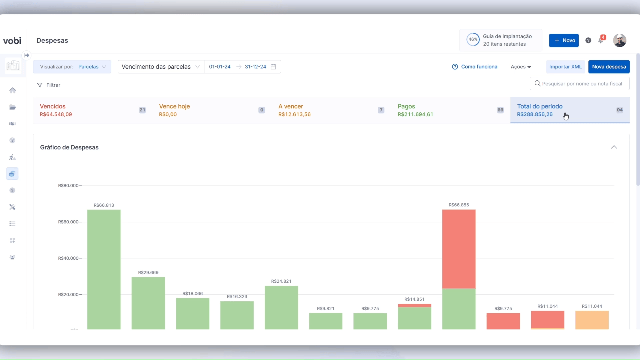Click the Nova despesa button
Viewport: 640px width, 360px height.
pos(609,67)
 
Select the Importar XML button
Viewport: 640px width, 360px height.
pos(565,67)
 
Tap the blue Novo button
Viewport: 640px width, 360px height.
pos(564,40)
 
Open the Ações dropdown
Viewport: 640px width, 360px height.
pos(521,67)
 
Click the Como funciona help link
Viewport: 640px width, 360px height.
pos(474,67)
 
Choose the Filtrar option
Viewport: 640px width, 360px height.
pos(49,85)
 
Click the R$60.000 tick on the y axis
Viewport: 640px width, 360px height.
pos(68,222)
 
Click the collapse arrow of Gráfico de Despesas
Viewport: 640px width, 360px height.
pos(614,147)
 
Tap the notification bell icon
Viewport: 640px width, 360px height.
pos(601,40)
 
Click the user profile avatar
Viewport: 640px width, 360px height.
pos(620,40)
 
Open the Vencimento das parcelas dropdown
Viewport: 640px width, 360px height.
pos(161,67)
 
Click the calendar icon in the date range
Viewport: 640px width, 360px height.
pos(273,67)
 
